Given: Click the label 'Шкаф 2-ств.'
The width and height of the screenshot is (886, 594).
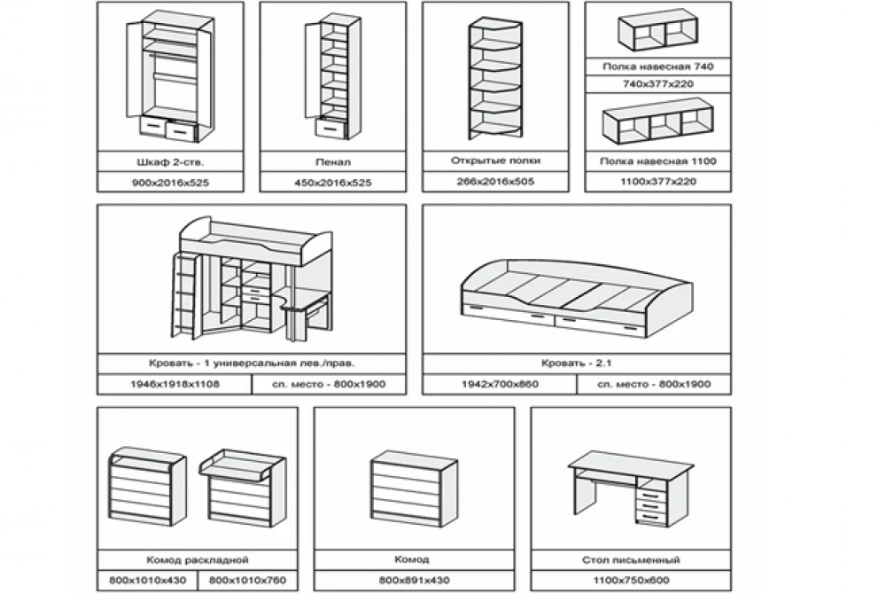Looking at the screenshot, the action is click(x=171, y=162).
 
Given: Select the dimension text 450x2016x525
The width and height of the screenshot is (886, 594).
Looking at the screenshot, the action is click(x=333, y=183).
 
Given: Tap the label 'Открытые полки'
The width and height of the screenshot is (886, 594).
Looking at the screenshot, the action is click(x=495, y=160).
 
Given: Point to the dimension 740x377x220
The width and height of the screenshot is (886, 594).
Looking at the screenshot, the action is click(x=658, y=84).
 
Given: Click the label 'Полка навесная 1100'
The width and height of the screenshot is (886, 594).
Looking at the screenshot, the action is click(x=658, y=161).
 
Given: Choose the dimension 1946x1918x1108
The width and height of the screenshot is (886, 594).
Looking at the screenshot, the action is click(x=175, y=384).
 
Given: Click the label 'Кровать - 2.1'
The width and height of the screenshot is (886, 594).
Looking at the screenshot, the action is click(x=577, y=363).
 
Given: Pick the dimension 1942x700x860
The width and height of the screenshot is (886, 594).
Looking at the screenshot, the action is click(x=500, y=384).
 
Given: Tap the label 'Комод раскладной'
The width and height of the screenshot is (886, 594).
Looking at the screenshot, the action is click(x=198, y=560).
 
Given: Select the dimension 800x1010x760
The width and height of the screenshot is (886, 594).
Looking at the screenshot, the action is click(x=247, y=581).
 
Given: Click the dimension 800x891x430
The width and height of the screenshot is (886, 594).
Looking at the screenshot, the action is click(x=414, y=581).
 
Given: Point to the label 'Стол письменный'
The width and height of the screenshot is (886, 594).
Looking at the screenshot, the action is click(x=631, y=560).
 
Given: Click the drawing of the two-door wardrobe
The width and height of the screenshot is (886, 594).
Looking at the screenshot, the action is click(x=169, y=79).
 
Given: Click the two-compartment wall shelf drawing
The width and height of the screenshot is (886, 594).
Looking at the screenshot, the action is click(x=657, y=33).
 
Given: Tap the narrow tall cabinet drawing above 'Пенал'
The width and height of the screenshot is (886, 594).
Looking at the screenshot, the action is click(x=333, y=76).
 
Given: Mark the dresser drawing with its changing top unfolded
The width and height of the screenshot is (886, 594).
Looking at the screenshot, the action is click(x=243, y=488).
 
